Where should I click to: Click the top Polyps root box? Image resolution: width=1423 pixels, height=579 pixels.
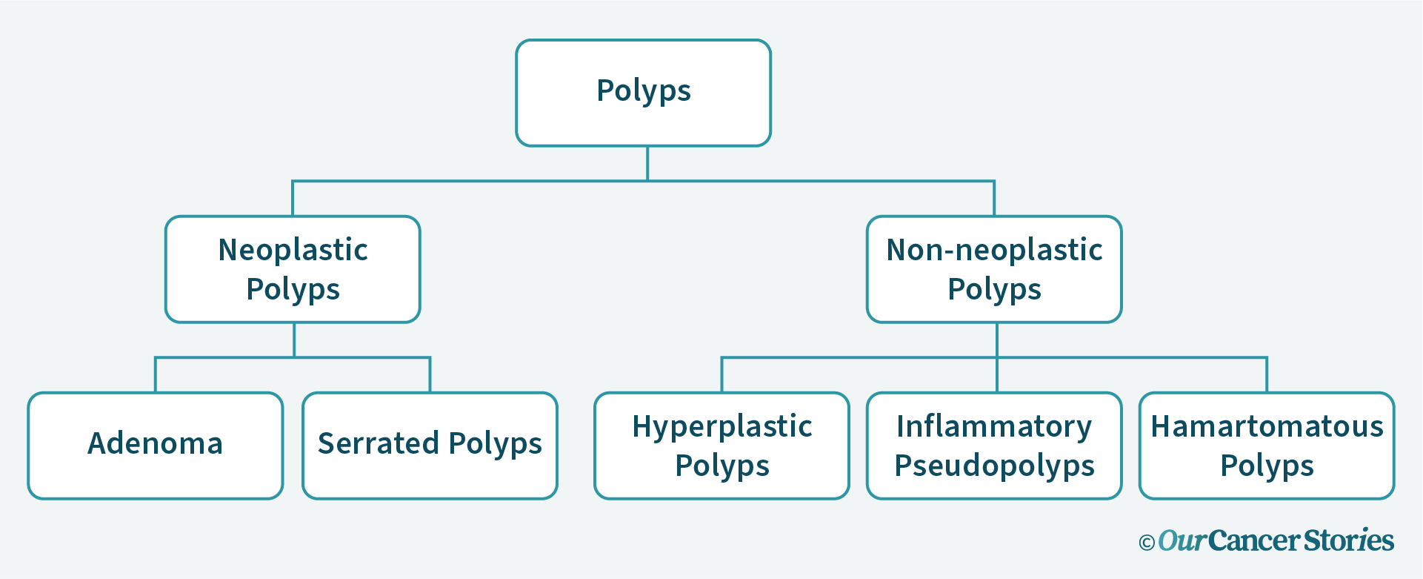click(x=643, y=93)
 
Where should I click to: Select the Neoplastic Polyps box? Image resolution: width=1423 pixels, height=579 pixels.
click(x=293, y=269)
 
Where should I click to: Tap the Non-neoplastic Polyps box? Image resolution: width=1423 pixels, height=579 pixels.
click(x=994, y=269)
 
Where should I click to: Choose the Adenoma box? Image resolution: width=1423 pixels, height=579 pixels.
click(x=156, y=446)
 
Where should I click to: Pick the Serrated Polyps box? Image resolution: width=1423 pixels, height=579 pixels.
click(x=430, y=446)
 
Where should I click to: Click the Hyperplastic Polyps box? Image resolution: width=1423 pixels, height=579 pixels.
click(x=722, y=446)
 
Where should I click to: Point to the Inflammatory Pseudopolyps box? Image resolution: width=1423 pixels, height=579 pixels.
click(x=994, y=446)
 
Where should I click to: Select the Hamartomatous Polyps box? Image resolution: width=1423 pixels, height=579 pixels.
click(x=1267, y=446)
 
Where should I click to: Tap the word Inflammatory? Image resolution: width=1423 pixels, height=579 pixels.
click(x=994, y=427)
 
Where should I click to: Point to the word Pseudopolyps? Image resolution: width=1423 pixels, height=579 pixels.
click(x=994, y=466)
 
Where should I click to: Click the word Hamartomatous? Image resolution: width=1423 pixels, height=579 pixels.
click(x=1267, y=427)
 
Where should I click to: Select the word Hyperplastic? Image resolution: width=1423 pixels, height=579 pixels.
click(x=722, y=427)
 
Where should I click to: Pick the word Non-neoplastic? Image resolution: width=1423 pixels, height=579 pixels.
click(x=994, y=251)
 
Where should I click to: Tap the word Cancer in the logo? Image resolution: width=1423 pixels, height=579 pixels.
click(x=1254, y=540)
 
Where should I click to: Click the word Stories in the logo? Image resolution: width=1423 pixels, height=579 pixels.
click(x=1349, y=540)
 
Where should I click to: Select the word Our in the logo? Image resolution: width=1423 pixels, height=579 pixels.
click(x=1182, y=540)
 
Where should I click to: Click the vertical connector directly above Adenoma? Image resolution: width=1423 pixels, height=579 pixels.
click(x=156, y=375)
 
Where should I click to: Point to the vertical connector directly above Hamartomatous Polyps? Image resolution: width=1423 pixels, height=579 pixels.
click(x=1267, y=375)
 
